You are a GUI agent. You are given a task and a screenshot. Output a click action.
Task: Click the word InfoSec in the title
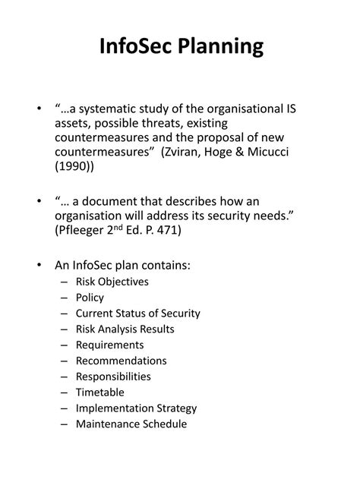(134, 47)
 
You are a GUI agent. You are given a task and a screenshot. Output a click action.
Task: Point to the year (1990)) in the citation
(76, 169)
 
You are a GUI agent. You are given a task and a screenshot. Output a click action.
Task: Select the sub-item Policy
(90, 298)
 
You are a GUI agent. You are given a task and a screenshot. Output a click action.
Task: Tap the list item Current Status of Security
(137, 314)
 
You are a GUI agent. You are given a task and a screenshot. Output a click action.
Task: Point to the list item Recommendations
(121, 361)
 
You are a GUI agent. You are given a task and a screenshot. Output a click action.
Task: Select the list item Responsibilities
(113, 377)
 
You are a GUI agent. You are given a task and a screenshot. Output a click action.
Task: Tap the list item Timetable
(99, 392)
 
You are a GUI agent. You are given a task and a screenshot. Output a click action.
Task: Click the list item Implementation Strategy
(136, 408)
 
